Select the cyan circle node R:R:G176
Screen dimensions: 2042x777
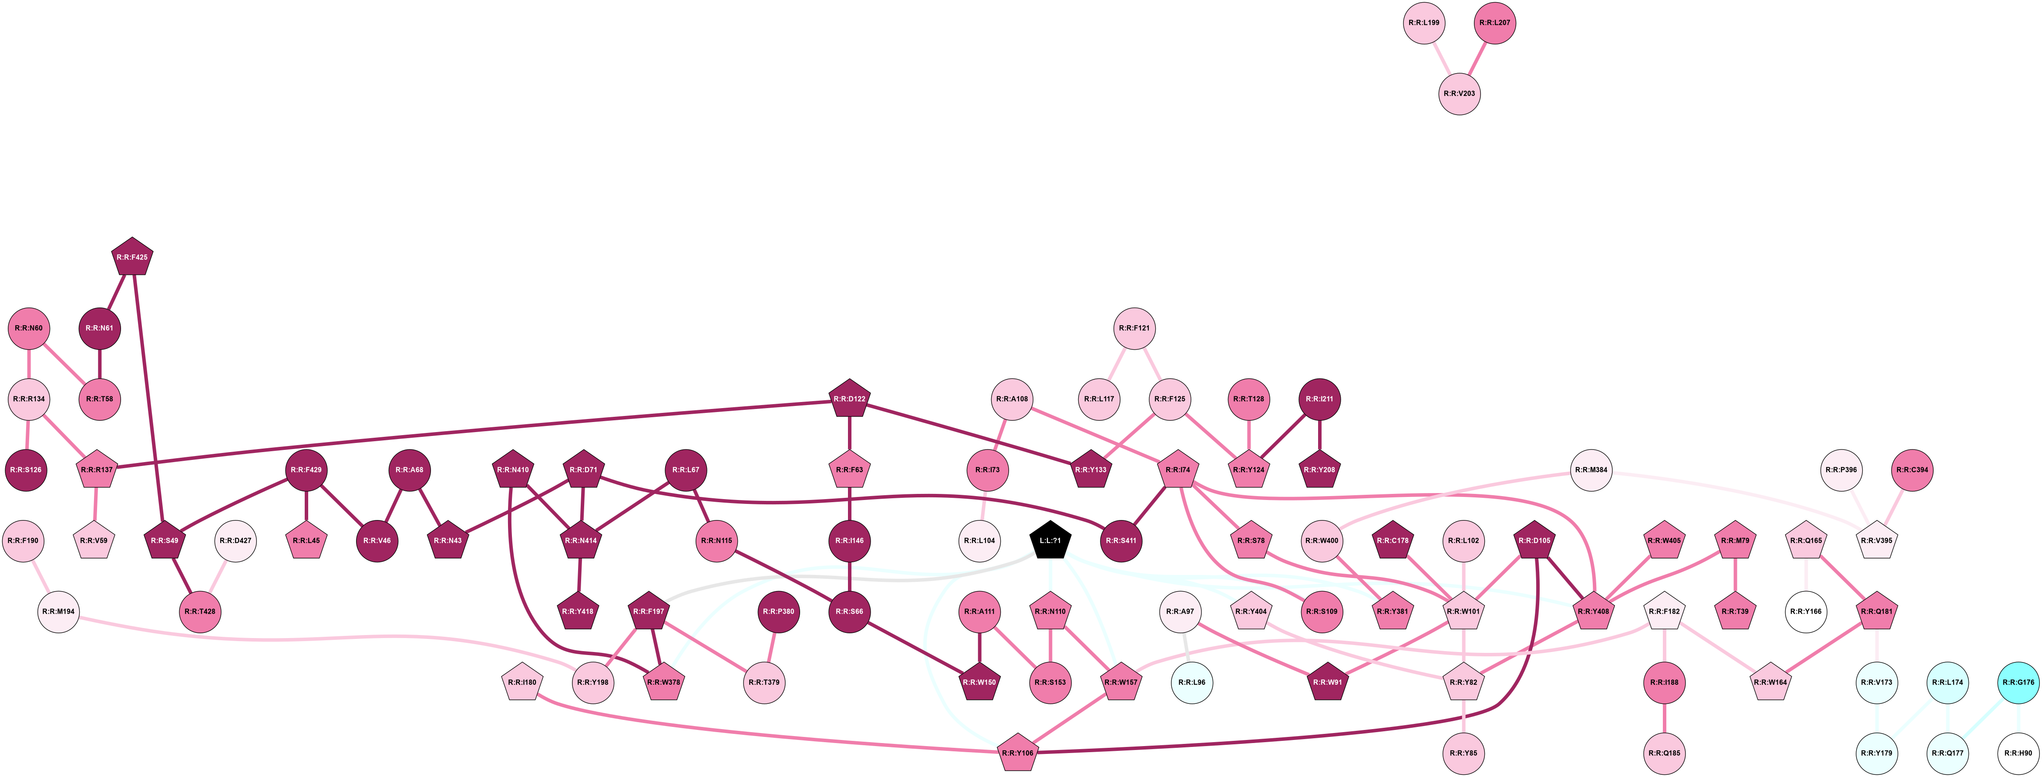(x=2018, y=682)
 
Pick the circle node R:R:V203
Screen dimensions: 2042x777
(x=1460, y=94)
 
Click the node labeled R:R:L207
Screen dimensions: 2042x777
(x=1495, y=23)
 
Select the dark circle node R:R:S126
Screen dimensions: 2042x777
(x=29, y=470)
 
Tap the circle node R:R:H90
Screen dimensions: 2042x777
(x=2018, y=753)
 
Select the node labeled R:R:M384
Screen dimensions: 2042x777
(x=1592, y=470)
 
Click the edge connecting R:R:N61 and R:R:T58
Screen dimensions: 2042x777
(x=100, y=364)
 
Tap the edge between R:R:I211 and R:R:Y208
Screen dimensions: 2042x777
(x=1320, y=435)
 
